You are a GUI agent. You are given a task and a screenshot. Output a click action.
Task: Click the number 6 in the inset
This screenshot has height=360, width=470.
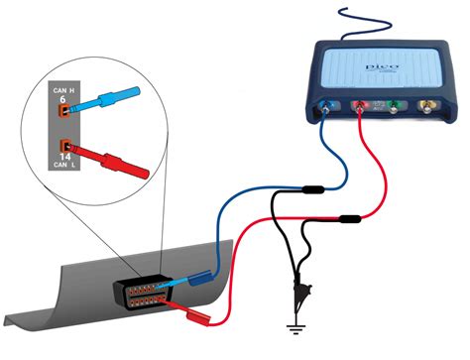[61, 99]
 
